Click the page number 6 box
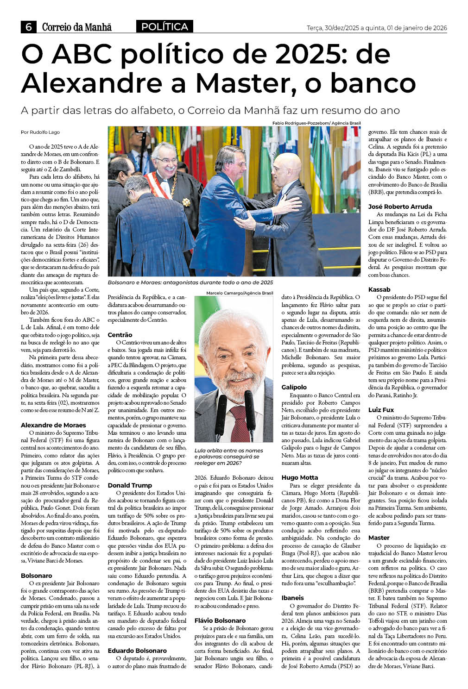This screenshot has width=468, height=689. [x=28, y=27]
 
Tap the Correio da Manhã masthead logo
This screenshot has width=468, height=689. [x=77, y=27]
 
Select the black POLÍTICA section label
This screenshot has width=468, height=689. [x=164, y=27]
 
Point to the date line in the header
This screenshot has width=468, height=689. [x=377, y=28]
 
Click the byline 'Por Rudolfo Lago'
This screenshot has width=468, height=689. [x=40, y=132]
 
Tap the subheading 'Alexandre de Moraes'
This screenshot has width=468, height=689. [x=53, y=425]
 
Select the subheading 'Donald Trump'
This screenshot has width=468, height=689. [x=130, y=485]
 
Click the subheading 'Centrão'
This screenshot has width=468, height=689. [x=120, y=335]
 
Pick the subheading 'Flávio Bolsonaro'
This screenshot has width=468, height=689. [x=220, y=620]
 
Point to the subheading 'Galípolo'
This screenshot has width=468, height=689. [x=294, y=387]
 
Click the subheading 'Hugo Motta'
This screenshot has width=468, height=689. [x=300, y=477]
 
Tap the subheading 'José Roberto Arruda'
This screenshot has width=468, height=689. [x=400, y=207]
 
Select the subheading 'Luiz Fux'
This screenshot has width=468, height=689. [x=381, y=410]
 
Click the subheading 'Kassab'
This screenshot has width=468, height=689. [x=379, y=289]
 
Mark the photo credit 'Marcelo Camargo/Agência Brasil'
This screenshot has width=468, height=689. [x=240, y=293]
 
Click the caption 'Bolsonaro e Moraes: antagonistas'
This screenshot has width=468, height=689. [x=190, y=282]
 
